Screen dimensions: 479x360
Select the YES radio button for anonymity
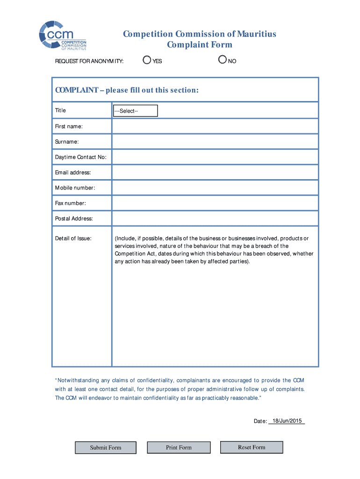tap(147, 60)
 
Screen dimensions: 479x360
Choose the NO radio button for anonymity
tap(223, 60)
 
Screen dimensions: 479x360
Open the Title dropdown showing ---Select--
tap(135, 111)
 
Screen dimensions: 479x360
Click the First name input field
tap(215, 126)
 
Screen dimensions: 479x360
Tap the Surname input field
tap(215, 142)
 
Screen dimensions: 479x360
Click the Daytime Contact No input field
tap(215, 157)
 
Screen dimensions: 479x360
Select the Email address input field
tap(215, 173)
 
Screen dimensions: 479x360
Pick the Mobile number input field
tap(215, 188)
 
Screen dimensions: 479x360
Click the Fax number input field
tap(215, 203)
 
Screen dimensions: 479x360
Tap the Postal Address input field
tap(215, 218)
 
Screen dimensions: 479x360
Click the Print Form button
tap(179, 448)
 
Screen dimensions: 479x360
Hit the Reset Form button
tap(252, 447)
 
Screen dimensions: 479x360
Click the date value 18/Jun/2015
tap(287, 421)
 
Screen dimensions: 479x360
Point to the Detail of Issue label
tap(73, 239)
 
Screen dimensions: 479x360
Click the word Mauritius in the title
tap(256, 34)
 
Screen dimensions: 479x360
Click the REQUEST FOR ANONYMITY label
tap(89, 61)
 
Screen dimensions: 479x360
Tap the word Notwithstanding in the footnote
tap(79, 380)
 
